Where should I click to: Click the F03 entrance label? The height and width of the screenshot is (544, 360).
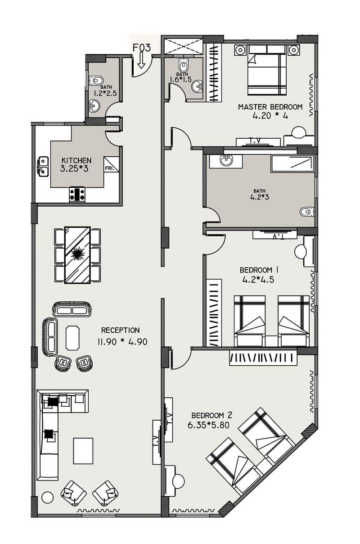142,47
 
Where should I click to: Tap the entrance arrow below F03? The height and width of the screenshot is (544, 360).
141,60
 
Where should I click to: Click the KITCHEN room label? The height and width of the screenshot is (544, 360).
76,160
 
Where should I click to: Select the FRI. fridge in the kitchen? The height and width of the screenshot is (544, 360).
112,164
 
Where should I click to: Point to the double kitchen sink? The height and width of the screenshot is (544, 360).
43,166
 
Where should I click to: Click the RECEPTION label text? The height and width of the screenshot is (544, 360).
121,330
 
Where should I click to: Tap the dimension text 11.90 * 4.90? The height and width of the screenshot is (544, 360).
122,342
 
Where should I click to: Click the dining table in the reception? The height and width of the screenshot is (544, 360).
77,255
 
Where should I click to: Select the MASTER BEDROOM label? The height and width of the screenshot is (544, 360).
270,107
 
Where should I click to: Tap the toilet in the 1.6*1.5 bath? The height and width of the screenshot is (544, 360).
183,64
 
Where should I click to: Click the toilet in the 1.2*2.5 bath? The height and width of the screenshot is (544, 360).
96,80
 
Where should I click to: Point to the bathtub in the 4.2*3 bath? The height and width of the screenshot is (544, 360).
292,163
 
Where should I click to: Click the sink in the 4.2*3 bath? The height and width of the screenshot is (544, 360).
226,160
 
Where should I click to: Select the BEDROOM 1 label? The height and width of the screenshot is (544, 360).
259,270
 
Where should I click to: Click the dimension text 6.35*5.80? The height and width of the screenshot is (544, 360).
208,425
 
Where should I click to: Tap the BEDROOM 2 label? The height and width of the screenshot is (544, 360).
211,415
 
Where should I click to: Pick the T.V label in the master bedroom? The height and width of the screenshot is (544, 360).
255,141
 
